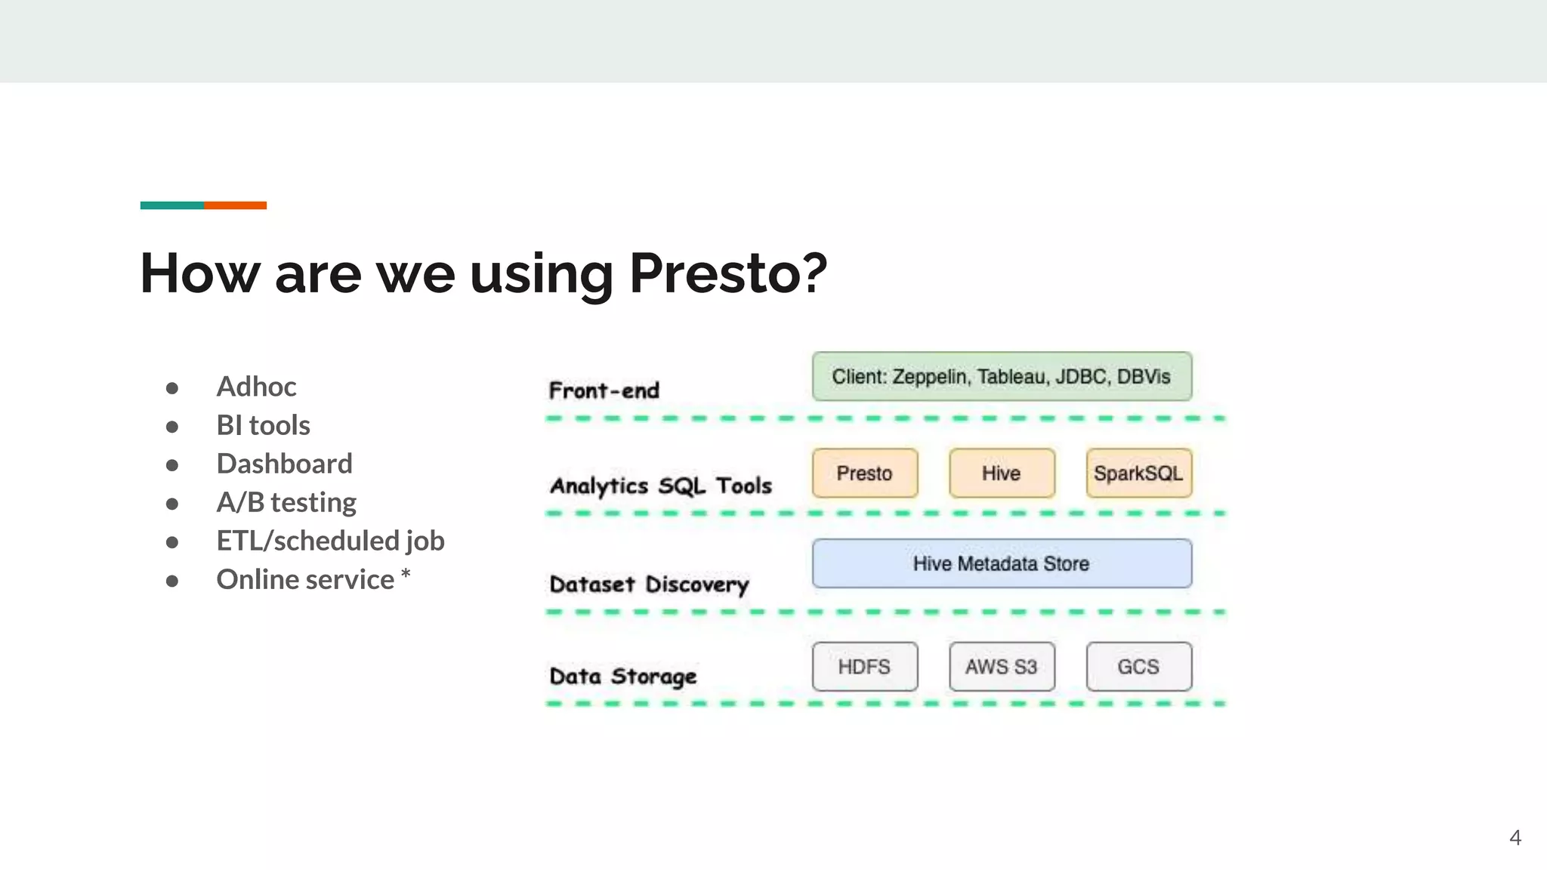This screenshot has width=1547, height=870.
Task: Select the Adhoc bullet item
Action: (256, 387)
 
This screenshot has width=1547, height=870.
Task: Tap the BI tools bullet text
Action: (263, 425)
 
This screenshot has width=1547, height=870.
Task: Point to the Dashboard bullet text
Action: (284, 464)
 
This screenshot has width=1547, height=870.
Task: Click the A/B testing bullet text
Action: (286, 502)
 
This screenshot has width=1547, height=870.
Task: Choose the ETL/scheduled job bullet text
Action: (330, 541)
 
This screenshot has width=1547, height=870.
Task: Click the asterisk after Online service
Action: (406, 575)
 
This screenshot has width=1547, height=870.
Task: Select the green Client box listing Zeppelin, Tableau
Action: (1002, 376)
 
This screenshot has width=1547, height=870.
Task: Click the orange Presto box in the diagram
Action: (865, 474)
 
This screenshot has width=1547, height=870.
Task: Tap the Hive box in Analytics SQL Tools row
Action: (1002, 474)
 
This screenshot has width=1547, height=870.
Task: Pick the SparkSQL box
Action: (1138, 474)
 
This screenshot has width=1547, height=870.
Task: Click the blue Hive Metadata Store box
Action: (1002, 563)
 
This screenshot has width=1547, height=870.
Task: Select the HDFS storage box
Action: (865, 667)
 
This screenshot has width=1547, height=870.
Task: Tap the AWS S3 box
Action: (1002, 667)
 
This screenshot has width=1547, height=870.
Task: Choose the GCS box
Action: (1138, 667)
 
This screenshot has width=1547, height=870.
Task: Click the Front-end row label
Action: (604, 390)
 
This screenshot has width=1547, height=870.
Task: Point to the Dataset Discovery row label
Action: (649, 585)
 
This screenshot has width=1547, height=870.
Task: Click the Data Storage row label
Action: (623, 677)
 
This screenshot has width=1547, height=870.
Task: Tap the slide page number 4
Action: (1515, 838)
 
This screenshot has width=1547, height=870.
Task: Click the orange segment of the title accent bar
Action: (235, 205)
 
